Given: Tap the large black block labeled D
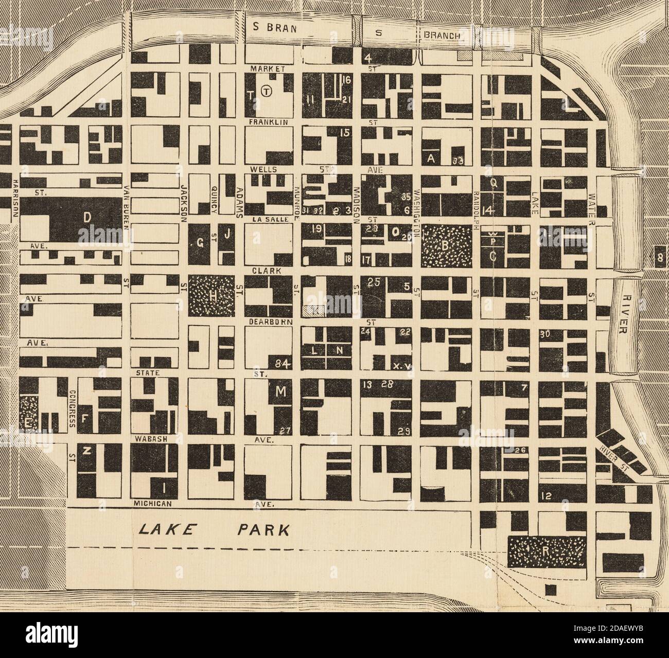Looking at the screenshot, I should click(x=87, y=218).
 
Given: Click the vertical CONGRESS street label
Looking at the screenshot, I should click(x=72, y=407).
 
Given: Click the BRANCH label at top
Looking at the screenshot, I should click(x=445, y=35).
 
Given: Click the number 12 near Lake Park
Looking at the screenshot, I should click(x=547, y=496).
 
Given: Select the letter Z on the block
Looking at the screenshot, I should click(x=87, y=452).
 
